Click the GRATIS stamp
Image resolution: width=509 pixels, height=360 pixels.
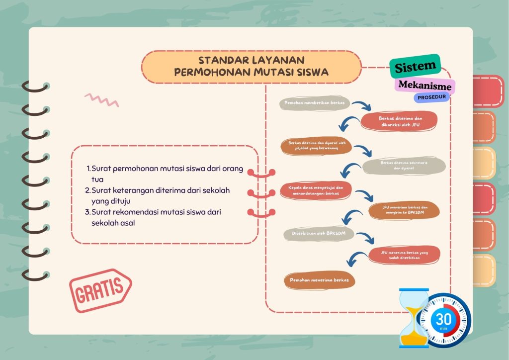click(100, 290)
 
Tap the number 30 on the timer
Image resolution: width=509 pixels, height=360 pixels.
click(443, 319)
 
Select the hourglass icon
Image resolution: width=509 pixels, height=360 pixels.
click(414, 318)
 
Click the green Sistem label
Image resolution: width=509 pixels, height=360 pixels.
click(415, 66)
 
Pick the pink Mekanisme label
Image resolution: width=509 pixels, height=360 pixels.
click(425, 85)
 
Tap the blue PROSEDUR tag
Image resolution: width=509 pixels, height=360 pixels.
click(431, 97)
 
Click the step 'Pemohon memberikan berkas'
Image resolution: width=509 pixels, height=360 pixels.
click(315, 103)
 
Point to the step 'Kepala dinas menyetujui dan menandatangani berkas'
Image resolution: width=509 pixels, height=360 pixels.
click(316, 190)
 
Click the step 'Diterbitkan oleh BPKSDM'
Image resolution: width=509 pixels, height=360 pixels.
click(319, 233)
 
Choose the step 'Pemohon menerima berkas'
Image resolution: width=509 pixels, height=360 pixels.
click(320, 280)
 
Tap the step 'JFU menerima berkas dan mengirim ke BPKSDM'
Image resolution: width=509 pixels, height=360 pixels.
click(405, 210)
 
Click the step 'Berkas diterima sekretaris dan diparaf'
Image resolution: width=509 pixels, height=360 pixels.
click(404, 166)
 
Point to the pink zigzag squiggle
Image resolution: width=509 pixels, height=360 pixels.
click(101, 100)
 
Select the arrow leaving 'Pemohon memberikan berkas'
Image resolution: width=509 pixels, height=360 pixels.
click(362, 105)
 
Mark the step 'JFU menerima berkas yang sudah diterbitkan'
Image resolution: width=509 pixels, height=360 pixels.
click(405, 255)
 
